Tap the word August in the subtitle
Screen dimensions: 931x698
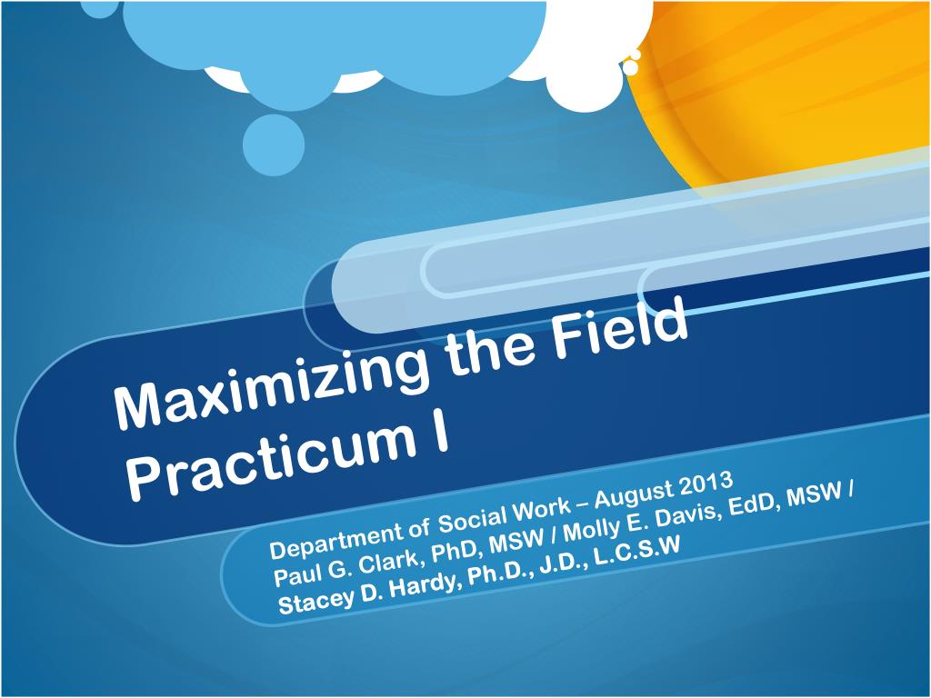[633, 495]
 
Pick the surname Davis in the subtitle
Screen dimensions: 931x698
[680, 513]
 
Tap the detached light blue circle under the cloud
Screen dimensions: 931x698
[274, 145]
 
